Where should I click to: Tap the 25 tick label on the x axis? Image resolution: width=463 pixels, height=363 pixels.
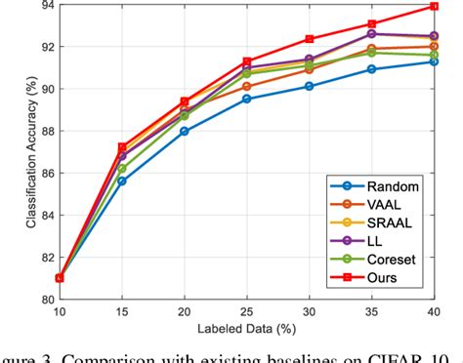click(246, 313)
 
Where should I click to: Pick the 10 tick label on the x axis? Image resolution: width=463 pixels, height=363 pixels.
click(60, 313)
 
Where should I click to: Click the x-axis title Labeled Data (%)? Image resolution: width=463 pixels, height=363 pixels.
click(246, 329)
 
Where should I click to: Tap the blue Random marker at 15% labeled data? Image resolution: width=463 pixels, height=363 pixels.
click(122, 181)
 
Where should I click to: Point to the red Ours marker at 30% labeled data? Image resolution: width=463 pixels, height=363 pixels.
click(309, 39)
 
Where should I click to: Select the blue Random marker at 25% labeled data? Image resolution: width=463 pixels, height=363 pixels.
click(246, 99)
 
